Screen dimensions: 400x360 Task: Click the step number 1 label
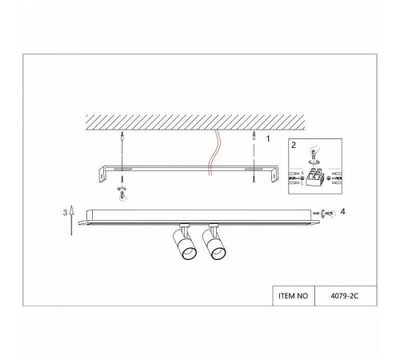(x=268, y=138)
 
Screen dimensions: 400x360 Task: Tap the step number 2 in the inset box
(x=294, y=145)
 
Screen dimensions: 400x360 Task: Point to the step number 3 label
(x=65, y=213)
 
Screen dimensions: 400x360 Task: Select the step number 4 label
(x=342, y=211)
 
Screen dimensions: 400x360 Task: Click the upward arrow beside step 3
(x=71, y=221)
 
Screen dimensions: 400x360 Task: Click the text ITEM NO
(x=293, y=296)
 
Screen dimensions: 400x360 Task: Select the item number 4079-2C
(x=345, y=296)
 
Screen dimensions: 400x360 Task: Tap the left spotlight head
(x=185, y=243)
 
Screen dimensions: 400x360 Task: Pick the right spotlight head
(x=214, y=243)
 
